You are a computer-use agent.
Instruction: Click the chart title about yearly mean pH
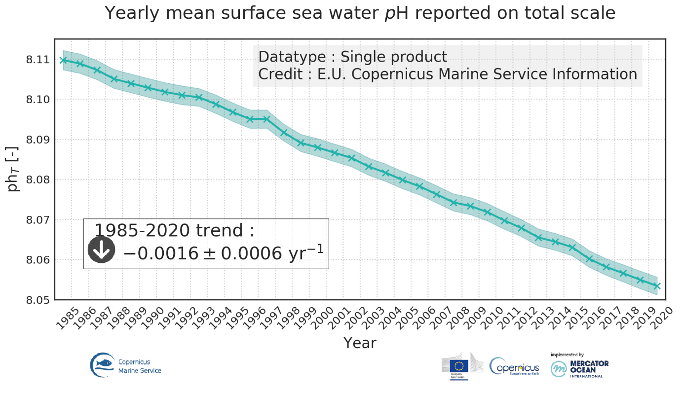pos(360,13)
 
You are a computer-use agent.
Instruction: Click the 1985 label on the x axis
pos(68,316)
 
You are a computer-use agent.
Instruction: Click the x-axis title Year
pos(360,343)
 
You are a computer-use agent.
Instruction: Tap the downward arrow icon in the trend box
pos(101,250)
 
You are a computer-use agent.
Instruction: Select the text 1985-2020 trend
pos(174,230)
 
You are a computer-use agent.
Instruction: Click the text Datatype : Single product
pos(352,57)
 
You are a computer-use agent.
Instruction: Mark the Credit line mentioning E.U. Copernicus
pos(448,74)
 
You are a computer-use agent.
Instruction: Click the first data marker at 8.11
pos(63,60)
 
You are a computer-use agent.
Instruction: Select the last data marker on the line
pos(657,286)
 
